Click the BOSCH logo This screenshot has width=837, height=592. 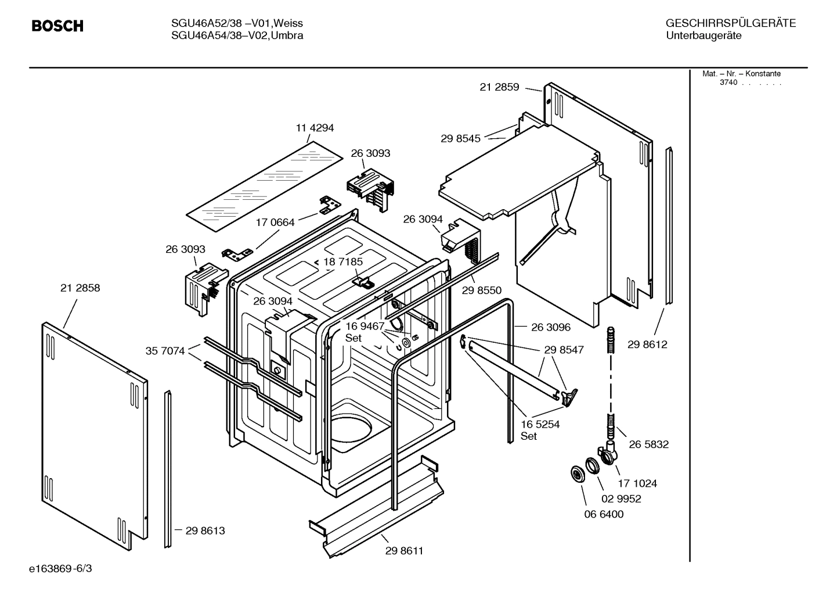(57, 26)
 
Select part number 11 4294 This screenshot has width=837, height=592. (315, 128)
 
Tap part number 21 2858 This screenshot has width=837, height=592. (80, 288)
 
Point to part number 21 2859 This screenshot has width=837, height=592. (499, 87)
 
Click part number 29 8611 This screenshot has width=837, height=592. (404, 551)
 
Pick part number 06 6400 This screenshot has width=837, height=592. (604, 514)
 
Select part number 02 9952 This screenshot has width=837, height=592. (621, 498)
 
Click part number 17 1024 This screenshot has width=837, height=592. (637, 483)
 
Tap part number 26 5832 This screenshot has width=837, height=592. (648, 444)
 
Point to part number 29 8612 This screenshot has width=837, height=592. (647, 345)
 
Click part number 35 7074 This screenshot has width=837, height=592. (165, 351)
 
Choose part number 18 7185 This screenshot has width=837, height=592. (342, 262)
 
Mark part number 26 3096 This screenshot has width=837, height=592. (551, 327)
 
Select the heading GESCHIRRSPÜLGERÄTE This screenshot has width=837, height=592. (730, 23)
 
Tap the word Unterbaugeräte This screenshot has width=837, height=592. (703, 36)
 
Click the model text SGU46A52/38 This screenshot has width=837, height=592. (206, 23)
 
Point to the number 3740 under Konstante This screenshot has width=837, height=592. (728, 82)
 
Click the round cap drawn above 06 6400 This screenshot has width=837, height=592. (578, 473)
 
